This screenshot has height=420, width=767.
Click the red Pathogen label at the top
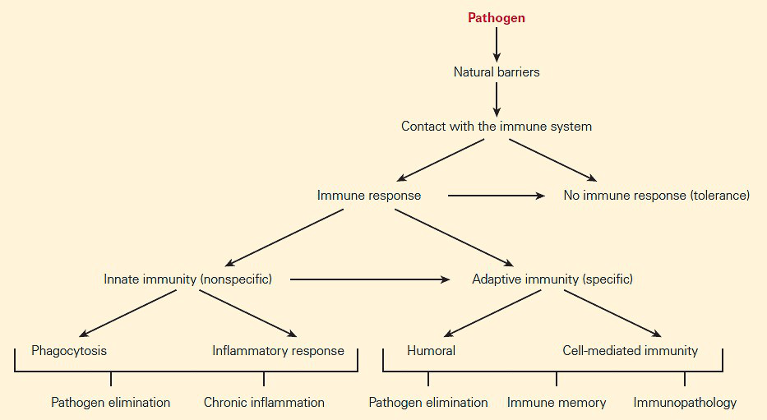497,17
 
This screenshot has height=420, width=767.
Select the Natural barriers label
497,72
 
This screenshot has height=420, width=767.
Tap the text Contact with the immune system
497,127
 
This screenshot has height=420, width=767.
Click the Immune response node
369,196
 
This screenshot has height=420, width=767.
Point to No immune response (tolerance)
656,196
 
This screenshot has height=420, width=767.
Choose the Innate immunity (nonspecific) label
187,279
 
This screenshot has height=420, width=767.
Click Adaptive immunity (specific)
552,279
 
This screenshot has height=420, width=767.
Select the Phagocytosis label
69,351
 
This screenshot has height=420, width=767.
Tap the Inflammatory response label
278,351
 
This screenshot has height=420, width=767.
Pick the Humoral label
431,351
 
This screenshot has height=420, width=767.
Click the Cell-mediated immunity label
630,351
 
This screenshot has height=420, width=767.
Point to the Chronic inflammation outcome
264,403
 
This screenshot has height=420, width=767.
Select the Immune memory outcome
557,403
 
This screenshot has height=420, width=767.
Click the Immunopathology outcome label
685,403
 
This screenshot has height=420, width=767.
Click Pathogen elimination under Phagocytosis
110,403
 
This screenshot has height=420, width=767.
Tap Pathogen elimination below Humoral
428,403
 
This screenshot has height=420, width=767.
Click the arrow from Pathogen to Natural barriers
497,44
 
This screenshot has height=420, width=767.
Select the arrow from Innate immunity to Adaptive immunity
370,279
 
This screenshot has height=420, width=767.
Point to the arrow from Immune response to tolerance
496,196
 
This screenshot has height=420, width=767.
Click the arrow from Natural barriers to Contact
497,99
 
